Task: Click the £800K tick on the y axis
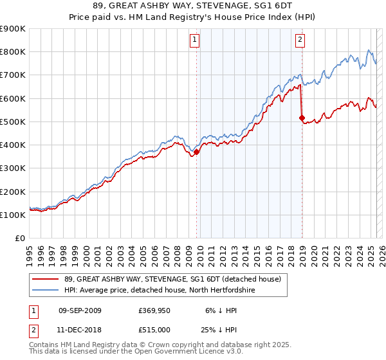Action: point(12,52)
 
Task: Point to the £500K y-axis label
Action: point(12,122)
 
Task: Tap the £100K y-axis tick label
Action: point(12,215)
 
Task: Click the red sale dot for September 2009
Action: point(197,152)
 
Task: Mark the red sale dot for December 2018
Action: point(302,118)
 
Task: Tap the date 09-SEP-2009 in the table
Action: point(80,310)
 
